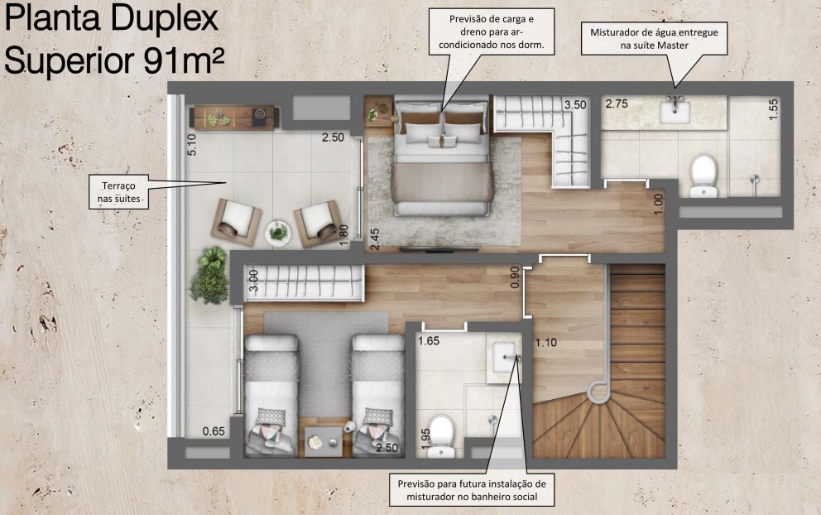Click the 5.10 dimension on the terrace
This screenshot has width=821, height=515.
[192, 145]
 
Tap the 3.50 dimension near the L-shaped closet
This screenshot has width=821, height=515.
[575, 105]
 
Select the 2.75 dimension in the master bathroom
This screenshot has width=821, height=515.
[617, 103]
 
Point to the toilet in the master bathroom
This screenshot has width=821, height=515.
[703, 176]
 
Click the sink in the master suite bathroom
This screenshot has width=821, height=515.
[675, 112]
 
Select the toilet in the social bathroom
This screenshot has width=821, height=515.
[440, 436]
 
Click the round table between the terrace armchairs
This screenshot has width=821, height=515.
[277, 233]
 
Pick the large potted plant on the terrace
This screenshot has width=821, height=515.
[209, 276]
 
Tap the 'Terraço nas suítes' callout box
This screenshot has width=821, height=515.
[119, 192]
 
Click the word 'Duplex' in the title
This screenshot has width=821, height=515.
[165, 18]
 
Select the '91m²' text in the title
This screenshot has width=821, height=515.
[183, 60]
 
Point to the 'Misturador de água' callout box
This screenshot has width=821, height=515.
[654, 38]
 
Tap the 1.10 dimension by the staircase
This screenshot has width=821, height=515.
[545, 343]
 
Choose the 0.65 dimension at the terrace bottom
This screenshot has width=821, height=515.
[214, 431]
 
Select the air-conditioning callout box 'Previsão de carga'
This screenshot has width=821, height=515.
[492, 32]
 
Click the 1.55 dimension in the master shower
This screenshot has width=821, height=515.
[773, 109]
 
